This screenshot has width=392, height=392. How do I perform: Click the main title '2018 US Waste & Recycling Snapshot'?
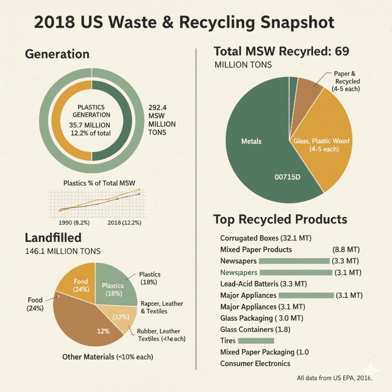click(184, 24)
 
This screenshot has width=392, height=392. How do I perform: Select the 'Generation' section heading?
click(57, 54)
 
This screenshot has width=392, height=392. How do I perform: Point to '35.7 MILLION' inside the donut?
click(91, 125)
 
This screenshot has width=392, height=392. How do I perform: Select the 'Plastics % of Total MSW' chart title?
click(101, 182)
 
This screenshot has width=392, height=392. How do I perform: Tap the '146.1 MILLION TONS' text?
click(63, 251)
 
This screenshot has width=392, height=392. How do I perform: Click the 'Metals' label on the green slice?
click(251, 141)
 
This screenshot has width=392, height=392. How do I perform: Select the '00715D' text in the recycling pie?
click(289, 178)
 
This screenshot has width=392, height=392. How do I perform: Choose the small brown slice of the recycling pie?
click(309, 90)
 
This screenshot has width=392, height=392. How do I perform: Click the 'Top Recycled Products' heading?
click(280, 219)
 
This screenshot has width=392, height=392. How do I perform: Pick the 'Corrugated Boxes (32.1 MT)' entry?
click(266, 238)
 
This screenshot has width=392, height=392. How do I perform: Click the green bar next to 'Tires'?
click(256, 341)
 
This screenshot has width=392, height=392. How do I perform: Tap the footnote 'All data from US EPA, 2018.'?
click(335, 379)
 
